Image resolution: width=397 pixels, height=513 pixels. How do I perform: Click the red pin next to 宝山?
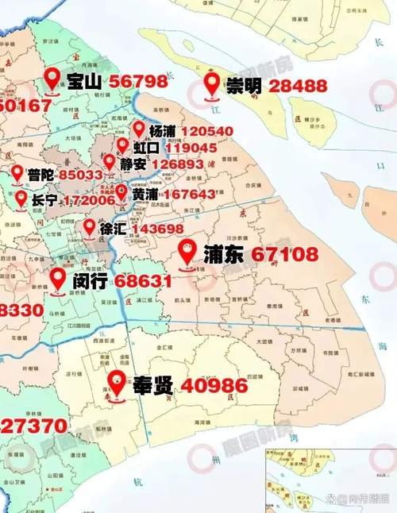52,78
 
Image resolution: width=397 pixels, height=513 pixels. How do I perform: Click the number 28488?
298,85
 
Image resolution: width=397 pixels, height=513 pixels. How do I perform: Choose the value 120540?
206,131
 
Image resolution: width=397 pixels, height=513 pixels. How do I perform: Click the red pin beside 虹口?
122,145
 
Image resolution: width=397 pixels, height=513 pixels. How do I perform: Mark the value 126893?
178,164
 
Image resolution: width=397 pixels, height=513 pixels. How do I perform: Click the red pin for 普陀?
17,172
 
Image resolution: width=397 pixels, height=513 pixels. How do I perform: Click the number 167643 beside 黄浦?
189,194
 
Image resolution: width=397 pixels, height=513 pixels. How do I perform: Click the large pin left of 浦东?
187,253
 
